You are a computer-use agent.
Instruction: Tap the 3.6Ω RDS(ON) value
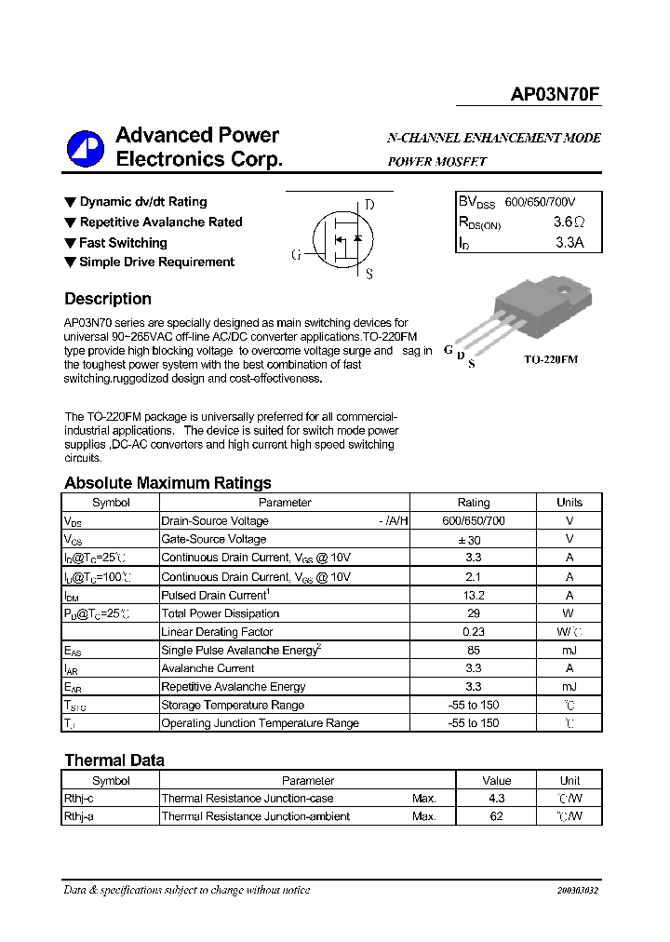pos(568,222)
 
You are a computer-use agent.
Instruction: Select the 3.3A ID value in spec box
pos(569,243)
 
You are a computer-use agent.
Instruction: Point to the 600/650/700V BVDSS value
pos(540,202)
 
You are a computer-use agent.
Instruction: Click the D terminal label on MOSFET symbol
pos(369,205)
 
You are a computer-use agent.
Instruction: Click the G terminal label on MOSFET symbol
pos(296,254)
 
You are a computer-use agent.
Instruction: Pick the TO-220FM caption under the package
pos(550,359)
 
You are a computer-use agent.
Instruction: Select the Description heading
pos(108,299)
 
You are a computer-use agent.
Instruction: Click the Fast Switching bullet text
pos(123,243)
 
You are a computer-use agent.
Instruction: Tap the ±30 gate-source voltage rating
pos(473,539)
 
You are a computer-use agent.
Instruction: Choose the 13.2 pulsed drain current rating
pos(473,595)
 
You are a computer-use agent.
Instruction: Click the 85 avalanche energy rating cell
pos(473,650)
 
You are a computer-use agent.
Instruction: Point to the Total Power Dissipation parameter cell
pos(221,613)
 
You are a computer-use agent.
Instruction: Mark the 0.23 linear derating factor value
pos(473,632)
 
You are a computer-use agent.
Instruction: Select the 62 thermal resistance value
pos(496,816)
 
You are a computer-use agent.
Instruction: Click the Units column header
pos(569,503)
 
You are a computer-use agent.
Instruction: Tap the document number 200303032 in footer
pos(577,891)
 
